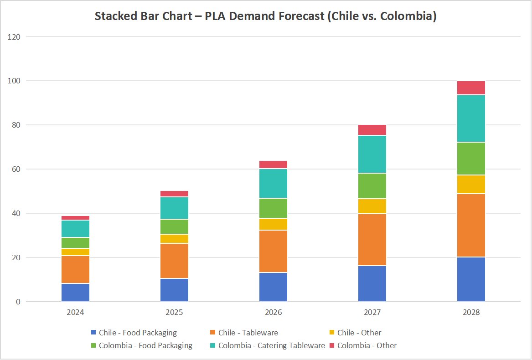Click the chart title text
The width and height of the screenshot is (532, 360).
tap(266, 16)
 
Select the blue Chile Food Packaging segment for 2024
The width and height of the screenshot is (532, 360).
tap(75, 293)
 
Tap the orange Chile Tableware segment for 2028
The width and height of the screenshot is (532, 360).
tap(471, 226)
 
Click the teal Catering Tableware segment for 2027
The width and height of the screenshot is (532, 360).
tap(372, 154)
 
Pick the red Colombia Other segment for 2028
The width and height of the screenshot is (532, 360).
tap(471, 88)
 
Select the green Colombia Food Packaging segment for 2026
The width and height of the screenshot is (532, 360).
tap(273, 208)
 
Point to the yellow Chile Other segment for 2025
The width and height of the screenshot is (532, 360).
tap(174, 239)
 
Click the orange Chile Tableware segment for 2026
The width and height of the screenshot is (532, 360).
tap(273, 252)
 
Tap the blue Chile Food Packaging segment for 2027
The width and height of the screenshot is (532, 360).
tap(372, 283)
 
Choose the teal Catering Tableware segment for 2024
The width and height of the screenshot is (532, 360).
tap(75, 229)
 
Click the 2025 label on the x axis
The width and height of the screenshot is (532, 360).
tap(174, 313)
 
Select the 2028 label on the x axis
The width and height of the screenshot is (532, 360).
tap(471, 313)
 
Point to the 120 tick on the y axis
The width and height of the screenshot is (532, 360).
tap(14, 36)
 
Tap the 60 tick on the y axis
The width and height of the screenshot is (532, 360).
tap(16, 169)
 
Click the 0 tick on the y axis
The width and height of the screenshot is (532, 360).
tap(18, 302)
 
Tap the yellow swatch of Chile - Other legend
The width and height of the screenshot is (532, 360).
tap(331, 333)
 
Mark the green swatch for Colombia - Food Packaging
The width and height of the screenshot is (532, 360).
tap(93, 345)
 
